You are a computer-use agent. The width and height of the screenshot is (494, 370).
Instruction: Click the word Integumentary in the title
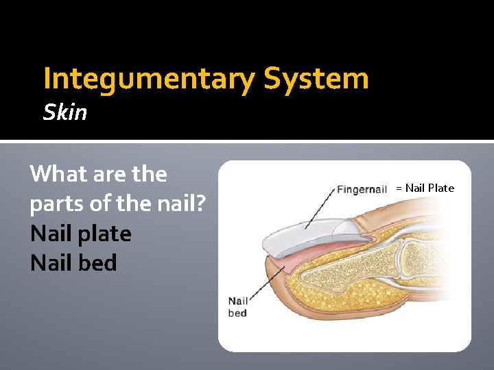tap(149, 79)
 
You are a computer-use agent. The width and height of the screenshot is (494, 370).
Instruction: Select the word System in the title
tap(316, 79)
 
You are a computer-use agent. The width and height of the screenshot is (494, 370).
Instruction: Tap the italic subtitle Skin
tap(65, 112)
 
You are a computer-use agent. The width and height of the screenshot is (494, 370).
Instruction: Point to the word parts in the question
tap(58, 203)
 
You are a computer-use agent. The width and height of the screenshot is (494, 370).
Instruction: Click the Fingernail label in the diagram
tap(362, 189)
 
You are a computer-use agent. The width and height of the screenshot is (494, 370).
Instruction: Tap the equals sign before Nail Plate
tap(398, 188)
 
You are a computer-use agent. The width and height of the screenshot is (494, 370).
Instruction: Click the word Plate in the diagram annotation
tap(441, 188)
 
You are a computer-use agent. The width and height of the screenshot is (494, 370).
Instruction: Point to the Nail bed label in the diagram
tap(237, 307)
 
